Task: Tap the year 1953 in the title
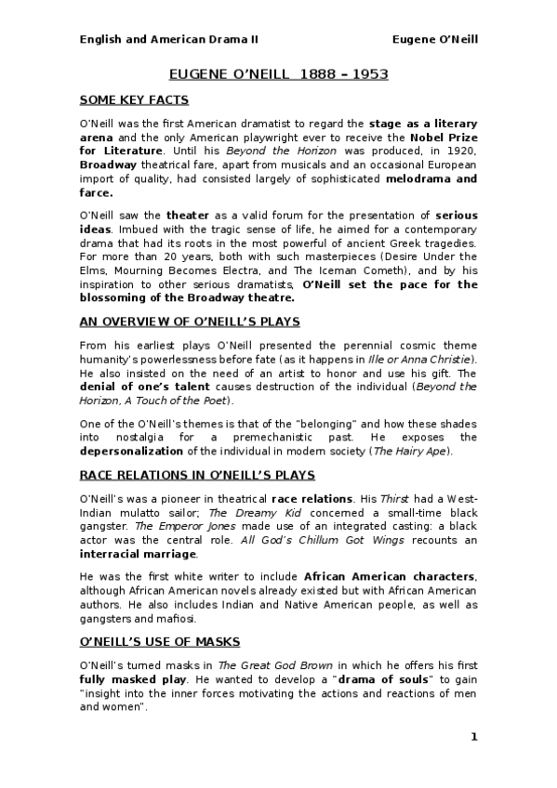(368, 72)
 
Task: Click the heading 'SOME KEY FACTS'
(134, 99)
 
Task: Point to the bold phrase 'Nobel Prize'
(444, 138)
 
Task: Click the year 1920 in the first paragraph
(463, 151)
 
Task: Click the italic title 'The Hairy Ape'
(414, 452)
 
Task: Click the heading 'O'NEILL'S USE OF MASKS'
(159, 641)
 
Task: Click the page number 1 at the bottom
(473, 737)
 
